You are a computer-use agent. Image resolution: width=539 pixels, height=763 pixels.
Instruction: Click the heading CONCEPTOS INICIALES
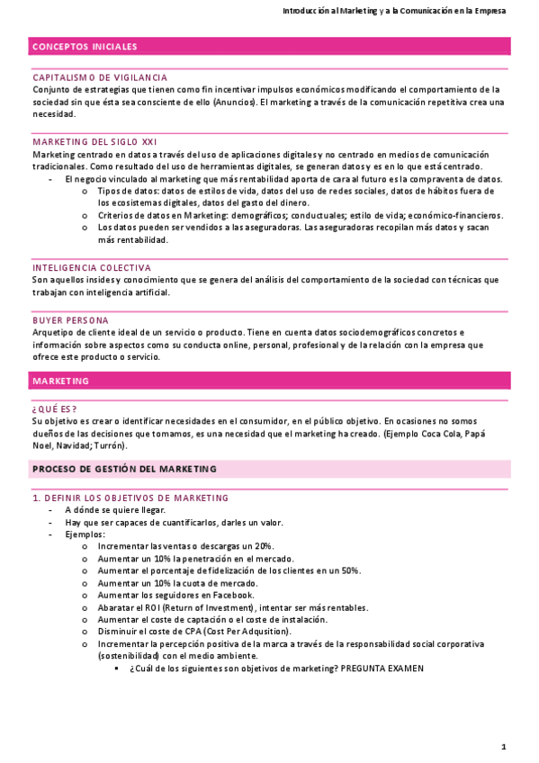tap(85, 47)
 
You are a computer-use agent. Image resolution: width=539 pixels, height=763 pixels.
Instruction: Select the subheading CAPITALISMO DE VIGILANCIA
tap(100, 78)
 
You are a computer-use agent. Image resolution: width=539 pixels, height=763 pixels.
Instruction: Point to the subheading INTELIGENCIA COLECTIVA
tap(92, 268)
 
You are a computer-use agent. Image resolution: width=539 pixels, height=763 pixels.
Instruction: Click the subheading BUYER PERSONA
tap(70, 320)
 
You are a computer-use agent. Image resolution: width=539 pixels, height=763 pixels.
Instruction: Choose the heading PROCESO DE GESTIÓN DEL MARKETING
tap(124, 470)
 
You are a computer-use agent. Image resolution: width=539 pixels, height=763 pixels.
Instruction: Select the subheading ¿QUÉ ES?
tap(54, 408)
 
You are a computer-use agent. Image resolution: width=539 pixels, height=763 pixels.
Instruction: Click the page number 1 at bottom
tap(504, 747)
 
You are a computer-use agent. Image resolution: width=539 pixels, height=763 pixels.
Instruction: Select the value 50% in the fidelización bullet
tap(349, 570)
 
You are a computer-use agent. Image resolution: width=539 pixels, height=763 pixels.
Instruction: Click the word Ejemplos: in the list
tap(85, 534)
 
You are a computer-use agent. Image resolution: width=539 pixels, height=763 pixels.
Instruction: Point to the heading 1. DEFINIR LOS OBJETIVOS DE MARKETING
tap(130, 498)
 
